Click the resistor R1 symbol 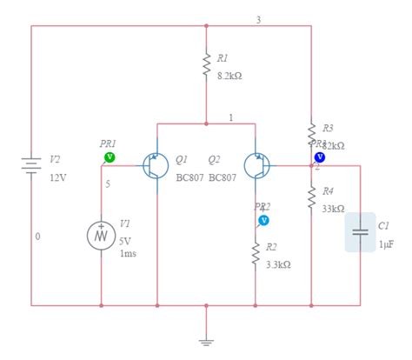point(206,65)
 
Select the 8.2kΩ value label point(229,76)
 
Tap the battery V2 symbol point(32,165)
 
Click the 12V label point(57,177)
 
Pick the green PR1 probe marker point(110,157)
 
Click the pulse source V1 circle point(101,235)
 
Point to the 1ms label point(128,253)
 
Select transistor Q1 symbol point(156,165)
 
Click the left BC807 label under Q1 point(189,177)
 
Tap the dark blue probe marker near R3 point(320,157)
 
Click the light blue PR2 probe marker point(262,221)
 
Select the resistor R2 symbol point(256,254)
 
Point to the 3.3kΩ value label point(278,264)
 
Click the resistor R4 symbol point(311,197)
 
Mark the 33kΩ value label point(333,209)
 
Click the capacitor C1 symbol point(360,232)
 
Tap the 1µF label point(386,245)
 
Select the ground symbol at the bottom point(206,341)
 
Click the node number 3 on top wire point(257,19)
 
